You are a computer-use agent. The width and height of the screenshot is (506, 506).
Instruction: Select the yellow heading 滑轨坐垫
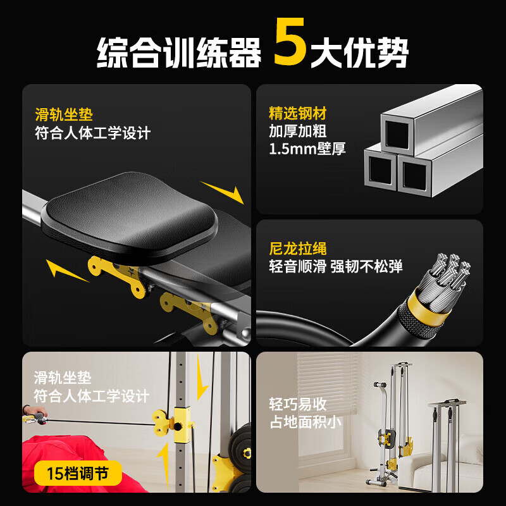tap(64, 114)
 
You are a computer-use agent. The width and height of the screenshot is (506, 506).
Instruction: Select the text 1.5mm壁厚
tap(307, 150)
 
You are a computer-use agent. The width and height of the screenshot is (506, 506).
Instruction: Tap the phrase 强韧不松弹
tap(366, 266)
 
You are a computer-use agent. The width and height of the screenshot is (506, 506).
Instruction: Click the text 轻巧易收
tap(298, 404)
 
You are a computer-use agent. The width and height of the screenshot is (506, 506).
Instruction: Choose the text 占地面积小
tap(306, 422)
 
